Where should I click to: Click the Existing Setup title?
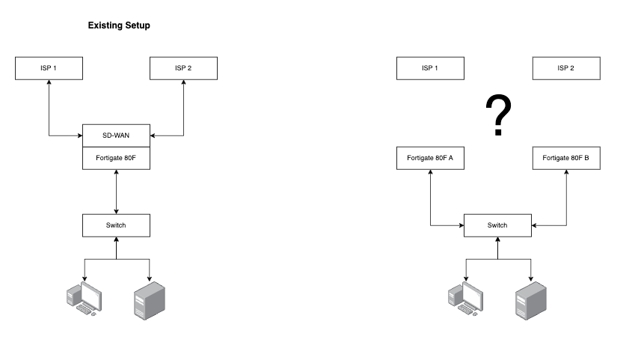(x=119, y=25)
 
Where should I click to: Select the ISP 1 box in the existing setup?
(x=49, y=68)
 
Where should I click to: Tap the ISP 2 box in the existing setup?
(x=183, y=68)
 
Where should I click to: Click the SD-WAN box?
(x=116, y=135)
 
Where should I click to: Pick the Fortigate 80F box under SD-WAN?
(x=116, y=158)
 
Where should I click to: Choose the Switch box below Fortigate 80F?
(x=116, y=225)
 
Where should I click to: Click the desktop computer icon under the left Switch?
(x=83, y=297)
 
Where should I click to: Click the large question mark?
(x=498, y=116)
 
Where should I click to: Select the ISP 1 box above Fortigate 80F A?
(x=430, y=68)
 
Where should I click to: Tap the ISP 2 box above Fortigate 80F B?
(x=565, y=68)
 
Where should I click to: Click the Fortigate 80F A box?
(x=430, y=158)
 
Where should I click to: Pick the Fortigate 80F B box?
(x=565, y=158)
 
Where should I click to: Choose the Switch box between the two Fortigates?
(x=497, y=225)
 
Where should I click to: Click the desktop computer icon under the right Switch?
(x=464, y=297)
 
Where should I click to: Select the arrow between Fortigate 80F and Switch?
(x=116, y=192)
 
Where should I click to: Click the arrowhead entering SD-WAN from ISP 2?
(x=153, y=135)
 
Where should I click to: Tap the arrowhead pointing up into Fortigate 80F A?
(x=430, y=172)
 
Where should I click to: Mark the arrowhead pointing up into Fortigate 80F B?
(x=565, y=172)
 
